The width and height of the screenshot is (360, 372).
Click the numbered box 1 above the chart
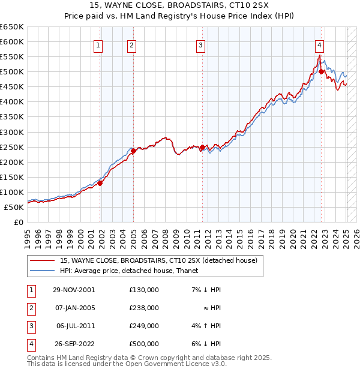pos(98,44)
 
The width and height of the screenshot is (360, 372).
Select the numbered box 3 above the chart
pos(200,44)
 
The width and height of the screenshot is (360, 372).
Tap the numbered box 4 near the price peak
pos(320,44)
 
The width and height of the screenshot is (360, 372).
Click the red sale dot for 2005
pos(134,151)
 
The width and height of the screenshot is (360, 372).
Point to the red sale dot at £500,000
pos(322,71)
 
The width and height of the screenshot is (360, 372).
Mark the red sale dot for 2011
pos(203,147)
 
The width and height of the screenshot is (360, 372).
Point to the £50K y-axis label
pos(14,207)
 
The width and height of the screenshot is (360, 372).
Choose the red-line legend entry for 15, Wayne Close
pos(158,260)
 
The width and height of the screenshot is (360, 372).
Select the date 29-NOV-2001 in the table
pos(74,290)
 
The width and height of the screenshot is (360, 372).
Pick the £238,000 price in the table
pos(143,308)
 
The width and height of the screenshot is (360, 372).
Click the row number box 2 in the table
pos(30,308)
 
